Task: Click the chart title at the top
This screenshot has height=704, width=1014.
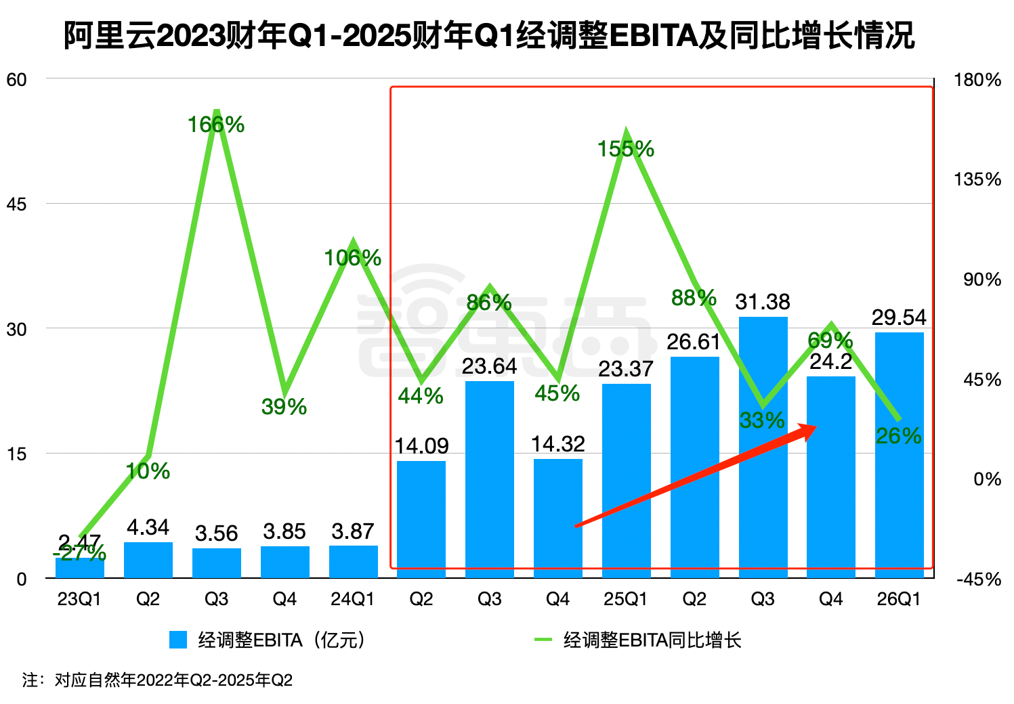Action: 489,35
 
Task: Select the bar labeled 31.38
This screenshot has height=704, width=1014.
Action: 763,447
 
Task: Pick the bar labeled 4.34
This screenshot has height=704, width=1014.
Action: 148,560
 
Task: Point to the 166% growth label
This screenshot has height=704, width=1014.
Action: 216,125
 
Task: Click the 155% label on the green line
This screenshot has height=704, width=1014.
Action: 626,149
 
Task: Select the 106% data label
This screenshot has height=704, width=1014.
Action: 352,258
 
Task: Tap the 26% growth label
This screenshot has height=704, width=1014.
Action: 898,437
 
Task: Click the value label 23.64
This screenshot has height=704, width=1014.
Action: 489,366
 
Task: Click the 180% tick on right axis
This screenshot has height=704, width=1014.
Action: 977,80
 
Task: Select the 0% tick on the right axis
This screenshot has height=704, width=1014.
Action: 986,479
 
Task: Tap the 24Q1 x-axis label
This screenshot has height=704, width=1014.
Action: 352,599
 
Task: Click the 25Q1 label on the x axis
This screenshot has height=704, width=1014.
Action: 626,599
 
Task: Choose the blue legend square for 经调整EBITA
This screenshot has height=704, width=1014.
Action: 178,640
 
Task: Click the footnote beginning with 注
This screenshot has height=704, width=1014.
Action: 157,680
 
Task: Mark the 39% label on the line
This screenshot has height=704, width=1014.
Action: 284,407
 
